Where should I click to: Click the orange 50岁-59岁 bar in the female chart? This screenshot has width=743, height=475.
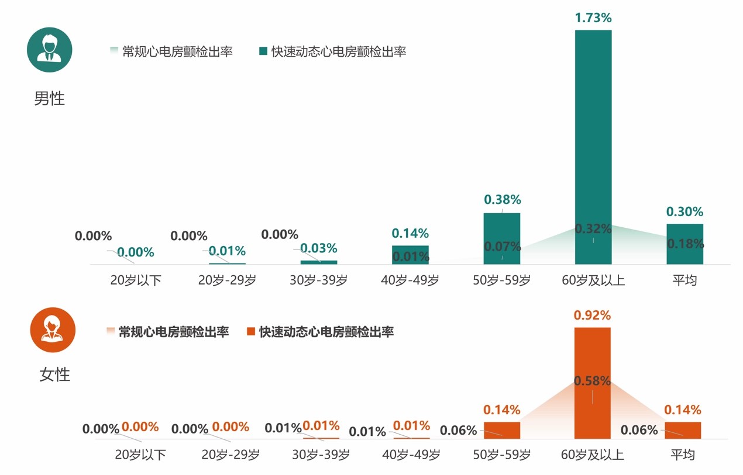[x=501, y=430]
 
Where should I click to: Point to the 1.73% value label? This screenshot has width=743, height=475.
[x=593, y=18]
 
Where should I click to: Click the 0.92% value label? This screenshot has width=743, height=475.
[x=592, y=315]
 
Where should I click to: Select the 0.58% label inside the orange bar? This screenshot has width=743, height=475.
[x=592, y=381]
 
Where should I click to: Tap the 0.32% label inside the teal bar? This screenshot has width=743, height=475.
[x=593, y=228]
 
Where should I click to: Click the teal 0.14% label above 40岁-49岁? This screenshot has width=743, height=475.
[x=410, y=234]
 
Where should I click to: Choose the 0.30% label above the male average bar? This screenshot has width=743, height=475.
[x=684, y=212]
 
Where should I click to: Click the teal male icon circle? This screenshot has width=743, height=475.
[x=49, y=50]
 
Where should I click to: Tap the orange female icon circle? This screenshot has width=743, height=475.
[x=53, y=330]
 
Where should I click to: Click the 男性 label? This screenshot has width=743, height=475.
[x=49, y=98]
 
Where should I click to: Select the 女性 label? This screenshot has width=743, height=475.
[x=54, y=375]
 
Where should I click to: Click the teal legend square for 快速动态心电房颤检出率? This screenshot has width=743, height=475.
[x=263, y=51]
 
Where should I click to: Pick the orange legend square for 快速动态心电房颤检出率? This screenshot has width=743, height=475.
[x=251, y=332]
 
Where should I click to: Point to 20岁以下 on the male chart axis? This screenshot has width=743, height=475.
[x=136, y=280]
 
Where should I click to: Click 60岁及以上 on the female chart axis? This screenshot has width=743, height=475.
[x=592, y=455]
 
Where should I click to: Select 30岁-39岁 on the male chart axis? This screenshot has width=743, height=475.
[x=318, y=280]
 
